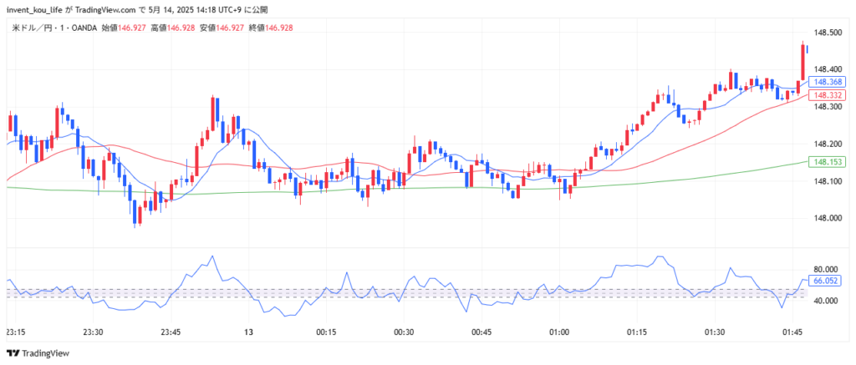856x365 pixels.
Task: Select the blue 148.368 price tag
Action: click(x=828, y=82)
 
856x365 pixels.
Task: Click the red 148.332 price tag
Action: click(x=828, y=95)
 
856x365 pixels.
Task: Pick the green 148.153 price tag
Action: click(x=828, y=162)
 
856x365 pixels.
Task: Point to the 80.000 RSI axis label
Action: click(x=825, y=269)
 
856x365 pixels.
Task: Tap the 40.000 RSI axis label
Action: click(x=825, y=301)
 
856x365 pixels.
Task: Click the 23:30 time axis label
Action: click(x=94, y=332)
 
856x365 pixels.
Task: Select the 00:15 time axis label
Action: click(x=326, y=332)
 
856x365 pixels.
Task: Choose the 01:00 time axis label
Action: click(x=559, y=332)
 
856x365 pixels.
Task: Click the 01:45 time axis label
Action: click(x=792, y=332)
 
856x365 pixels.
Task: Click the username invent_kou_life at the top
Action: click(x=33, y=10)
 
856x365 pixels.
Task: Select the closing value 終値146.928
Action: click(x=267, y=28)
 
